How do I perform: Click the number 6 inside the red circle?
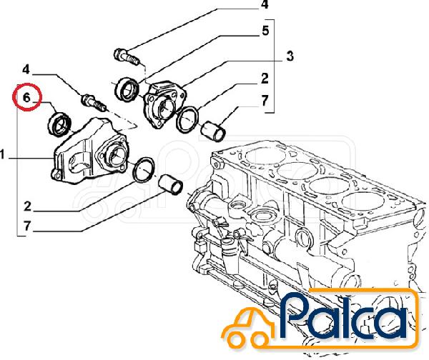[26, 97]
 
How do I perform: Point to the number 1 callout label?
[2, 154]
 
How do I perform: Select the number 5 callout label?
[265, 31]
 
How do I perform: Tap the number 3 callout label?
[290, 56]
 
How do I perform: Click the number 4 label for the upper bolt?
[265, 5]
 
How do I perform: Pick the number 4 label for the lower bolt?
[26, 70]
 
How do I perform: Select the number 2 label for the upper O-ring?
[265, 79]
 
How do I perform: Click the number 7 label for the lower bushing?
[27, 226]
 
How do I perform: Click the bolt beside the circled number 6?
[94, 103]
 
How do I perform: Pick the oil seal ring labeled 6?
[59, 124]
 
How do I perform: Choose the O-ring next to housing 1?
[144, 169]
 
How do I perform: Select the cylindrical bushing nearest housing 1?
[171, 185]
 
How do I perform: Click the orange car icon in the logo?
[247, 327]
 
